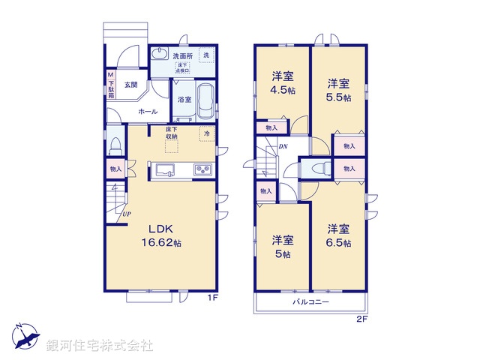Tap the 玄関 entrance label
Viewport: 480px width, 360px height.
pyautogui.click(x=131, y=85)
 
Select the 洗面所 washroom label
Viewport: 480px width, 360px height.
pyautogui.click(x=182, y=56)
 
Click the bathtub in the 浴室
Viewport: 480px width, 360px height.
pyautogui.click(x=205, y=102)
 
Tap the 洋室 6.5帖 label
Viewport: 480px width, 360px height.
pyautogui.click(x=339, y=235)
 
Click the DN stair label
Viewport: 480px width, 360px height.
pyautogui.click(x=283, y=146)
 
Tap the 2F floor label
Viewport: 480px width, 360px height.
pyautogui.click(x=362, y=318)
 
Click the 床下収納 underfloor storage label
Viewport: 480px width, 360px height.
pyautogui.click(x=172, y=133)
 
